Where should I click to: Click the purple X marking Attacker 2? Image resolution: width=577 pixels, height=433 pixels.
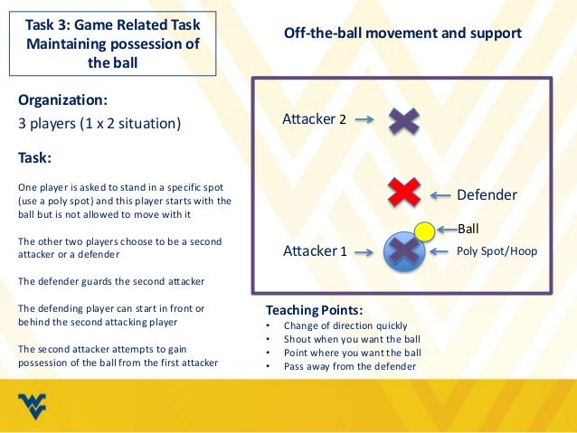pos(404,121)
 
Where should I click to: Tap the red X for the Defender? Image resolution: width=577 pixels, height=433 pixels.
pos(403,192)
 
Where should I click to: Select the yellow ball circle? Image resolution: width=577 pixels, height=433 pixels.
pos(423,231)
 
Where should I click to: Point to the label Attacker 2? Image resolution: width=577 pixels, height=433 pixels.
pos(315,119)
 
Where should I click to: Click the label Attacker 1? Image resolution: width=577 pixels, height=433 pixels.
pos(315,250)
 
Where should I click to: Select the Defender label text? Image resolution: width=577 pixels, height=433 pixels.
pos(487,194)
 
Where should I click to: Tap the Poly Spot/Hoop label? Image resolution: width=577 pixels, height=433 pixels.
pos(497,251)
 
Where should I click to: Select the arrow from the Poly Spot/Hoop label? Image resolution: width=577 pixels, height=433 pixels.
pos(444,251)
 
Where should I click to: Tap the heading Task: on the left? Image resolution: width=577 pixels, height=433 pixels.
pos(34,156)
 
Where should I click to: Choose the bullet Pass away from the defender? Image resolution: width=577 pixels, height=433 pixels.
pos(349,366)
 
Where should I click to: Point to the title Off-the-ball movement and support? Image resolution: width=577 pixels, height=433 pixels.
pos(402,33)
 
